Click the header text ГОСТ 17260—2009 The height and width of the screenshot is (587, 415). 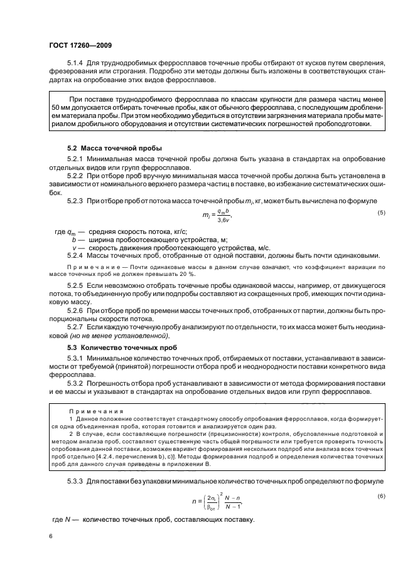pos(81,45)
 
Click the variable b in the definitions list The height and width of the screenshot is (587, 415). pos(74,240)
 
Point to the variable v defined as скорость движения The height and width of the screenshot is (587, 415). pos(74,247)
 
